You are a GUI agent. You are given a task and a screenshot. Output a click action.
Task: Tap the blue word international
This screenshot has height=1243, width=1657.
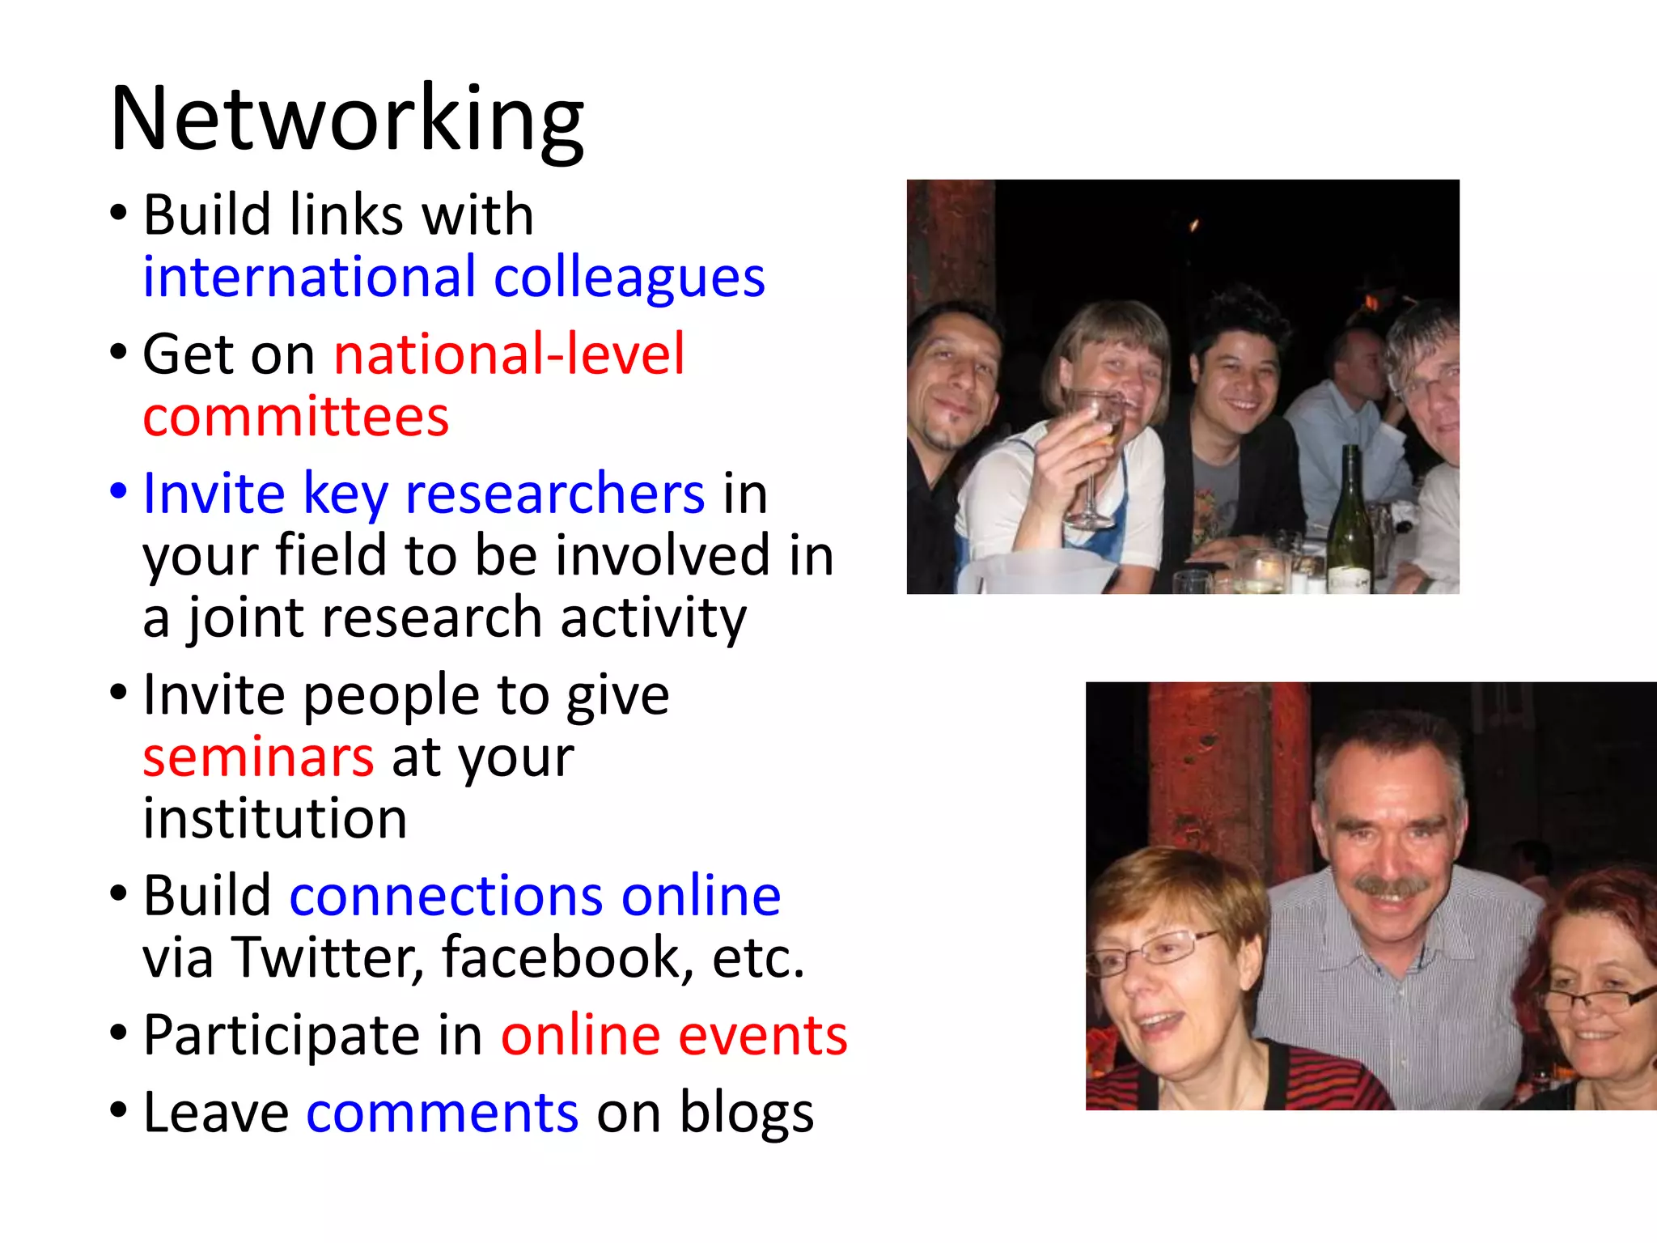pos(309,278)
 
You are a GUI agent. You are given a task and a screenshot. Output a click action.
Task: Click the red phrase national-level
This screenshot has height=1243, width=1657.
pos(509,354)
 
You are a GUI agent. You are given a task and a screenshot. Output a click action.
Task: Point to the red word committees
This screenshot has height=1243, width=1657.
pos(295,417)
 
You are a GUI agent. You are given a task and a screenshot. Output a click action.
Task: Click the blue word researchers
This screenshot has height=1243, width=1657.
pos(554,494)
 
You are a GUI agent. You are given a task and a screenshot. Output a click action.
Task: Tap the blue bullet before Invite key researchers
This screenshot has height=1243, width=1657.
pos(119,490)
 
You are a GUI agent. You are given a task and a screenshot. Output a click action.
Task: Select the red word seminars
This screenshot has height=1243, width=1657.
pos(258,757)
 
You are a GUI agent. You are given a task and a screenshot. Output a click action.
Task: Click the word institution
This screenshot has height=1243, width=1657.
pos(274,819)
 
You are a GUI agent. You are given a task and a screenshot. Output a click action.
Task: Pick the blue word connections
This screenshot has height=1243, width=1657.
pos(446,897)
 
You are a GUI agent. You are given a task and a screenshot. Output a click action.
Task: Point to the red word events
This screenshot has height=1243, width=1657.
pos(762,1036)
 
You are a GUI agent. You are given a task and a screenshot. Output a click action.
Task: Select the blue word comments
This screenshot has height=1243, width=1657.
pos(442,1113)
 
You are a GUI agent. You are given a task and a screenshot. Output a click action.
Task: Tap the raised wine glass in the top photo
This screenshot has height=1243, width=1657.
pos(1095,453)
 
